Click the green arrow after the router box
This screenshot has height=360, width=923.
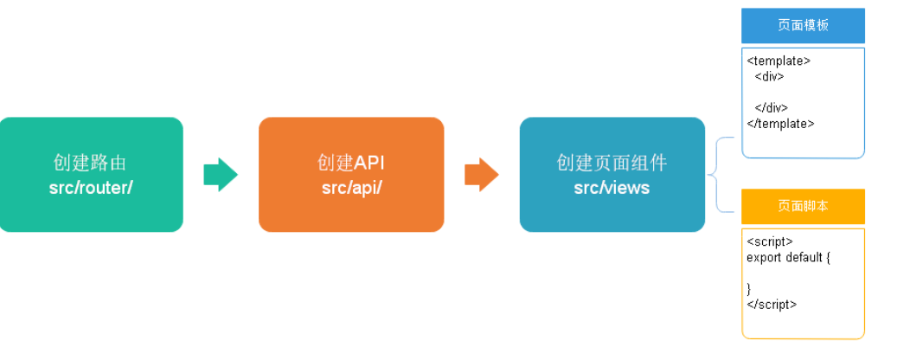(221, 175)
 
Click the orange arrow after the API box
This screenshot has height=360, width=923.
(481, 175)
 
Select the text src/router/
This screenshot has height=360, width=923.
(91, 187)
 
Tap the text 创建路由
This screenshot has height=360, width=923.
(91, 163)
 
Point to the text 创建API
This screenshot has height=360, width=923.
(351, 163)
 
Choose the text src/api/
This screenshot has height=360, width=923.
(351, 187)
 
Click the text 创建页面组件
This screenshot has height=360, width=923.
(612, 163)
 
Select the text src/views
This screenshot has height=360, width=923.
(612, 187)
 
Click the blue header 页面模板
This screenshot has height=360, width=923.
(803, 25)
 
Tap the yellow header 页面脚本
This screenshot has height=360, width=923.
(803, 206)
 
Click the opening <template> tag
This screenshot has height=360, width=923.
(779, 61)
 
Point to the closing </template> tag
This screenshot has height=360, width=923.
(780, 123)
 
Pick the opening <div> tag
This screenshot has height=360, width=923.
(769, 76)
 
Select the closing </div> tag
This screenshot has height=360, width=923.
(771, 108)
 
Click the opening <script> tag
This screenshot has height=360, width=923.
(770, 242)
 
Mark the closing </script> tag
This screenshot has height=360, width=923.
(772, 304)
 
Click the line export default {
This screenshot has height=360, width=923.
(788, 258)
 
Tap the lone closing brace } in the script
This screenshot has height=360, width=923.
(749, 288)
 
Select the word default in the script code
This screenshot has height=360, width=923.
(804, 258)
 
